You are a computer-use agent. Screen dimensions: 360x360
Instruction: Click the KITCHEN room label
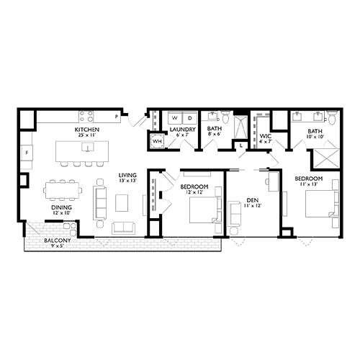click(x=87, y=130)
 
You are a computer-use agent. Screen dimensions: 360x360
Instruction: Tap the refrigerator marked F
click(x=26, y=153)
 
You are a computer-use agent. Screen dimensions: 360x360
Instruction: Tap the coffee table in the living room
click(x=121, y=203)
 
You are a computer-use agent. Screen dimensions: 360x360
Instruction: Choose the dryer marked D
click(x=188, y=117)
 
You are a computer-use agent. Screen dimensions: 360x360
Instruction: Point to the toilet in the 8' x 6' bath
click(x=225, y=117)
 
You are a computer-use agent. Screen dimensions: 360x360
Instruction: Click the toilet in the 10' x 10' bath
click(x=330, y=117)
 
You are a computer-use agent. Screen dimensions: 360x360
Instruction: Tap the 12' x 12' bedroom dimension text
click(x=191, y=192)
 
